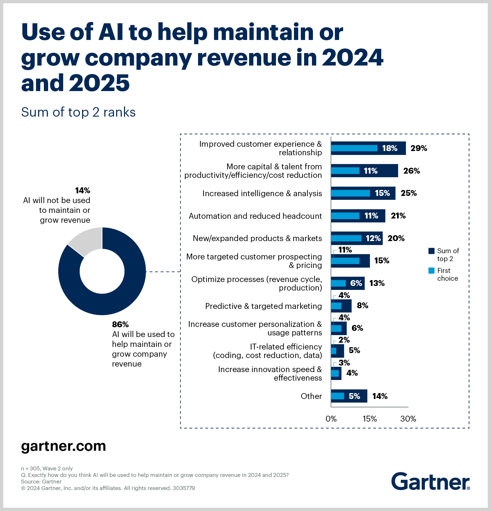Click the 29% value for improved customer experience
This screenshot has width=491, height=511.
tap(419, 148)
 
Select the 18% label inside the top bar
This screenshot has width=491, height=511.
tap(390, 148)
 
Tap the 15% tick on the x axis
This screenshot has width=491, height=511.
tap(370, 419)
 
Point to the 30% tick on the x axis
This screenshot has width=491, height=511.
tap(408, 419)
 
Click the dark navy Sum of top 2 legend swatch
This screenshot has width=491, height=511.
tap(431, 251)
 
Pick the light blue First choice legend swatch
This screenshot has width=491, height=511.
tap(431, 271)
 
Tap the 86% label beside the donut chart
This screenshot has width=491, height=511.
tap(120, 325)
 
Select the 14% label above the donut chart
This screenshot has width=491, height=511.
tap(82, 191)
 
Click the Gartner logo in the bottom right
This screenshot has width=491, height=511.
tap(430, 482)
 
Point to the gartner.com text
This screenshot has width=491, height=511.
tap(64, 446)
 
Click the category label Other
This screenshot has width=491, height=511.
tap(311, 396)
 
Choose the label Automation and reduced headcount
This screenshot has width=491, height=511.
tap(255, 216)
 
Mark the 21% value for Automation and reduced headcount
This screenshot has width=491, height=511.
tap(398, 216)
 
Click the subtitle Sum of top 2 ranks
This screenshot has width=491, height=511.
tap(78, 112)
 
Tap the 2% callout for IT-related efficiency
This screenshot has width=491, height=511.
tap(344, 340)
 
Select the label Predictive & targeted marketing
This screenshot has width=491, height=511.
tap(264, 306)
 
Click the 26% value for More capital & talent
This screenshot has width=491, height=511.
tap(411, 171)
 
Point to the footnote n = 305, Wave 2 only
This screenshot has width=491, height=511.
tap(47, 468)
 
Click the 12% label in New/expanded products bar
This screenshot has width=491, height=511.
tap(373, 238)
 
